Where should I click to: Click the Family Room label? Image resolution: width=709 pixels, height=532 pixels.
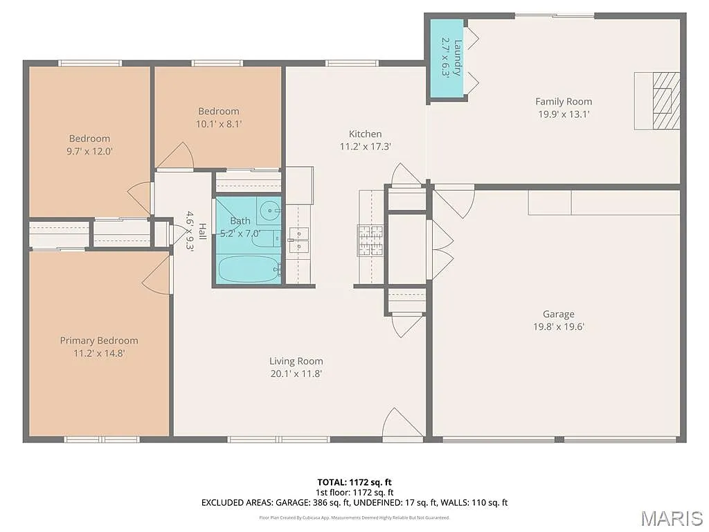click(x=564, y=101)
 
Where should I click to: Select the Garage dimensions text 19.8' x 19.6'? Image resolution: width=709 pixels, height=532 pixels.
click(x=558, y=327)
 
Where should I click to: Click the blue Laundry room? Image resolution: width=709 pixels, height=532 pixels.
click(x=447, y=58)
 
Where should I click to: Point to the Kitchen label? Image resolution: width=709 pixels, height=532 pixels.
click(x=365, y=134)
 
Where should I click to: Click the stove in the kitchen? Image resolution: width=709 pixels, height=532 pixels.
click(x=370, y=240)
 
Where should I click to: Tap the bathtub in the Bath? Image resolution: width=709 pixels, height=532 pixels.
click(x=248, y=269)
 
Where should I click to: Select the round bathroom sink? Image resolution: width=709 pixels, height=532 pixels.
click(x=269, y=209)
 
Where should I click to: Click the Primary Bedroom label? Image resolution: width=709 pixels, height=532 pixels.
click(x=98, y=340)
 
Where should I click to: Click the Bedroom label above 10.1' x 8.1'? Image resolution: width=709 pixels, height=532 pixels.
click(x=218, y=111)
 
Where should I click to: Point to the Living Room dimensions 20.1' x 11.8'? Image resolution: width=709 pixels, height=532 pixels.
click(x=296, y=373)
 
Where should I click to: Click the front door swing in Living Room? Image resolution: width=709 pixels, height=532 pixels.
click(x=401, y=424)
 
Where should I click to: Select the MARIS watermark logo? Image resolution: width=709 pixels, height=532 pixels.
click(x=671, y=517)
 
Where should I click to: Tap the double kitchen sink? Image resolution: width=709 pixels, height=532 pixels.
click(x=299, y=240)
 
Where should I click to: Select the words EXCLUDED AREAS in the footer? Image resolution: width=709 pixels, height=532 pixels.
click(x=233, y=502)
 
